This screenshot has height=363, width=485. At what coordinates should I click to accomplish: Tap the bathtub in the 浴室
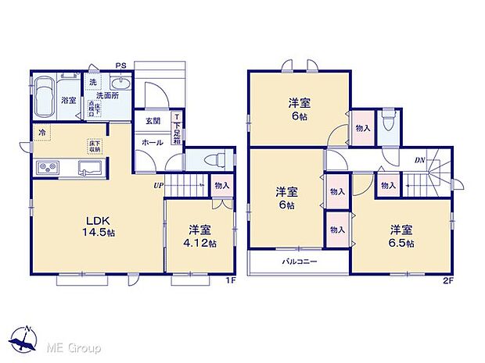(x=45, y=94)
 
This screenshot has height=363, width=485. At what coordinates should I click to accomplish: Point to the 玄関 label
(x=153, y=121)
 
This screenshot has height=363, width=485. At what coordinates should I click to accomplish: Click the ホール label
(x=152, y=143)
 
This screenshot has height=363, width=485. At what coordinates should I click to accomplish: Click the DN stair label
(x=420, y=160)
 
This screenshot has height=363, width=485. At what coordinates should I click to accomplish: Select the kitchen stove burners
(x=46, y=167)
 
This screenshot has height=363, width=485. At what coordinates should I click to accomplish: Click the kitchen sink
(x=86, y=167)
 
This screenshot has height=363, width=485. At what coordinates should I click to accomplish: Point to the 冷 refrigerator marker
(x=41, y=133)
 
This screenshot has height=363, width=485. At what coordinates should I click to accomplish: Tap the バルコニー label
(x=299, y=262)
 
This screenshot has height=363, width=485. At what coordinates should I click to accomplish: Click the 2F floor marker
(x=447, y=279)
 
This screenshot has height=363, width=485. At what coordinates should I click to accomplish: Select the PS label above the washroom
(x=120, y=66)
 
